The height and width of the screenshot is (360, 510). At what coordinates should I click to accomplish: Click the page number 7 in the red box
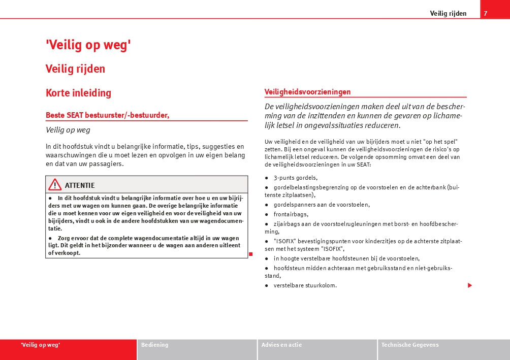coord(486,13)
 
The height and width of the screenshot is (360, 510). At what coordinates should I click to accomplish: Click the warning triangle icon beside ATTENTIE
coord(55,185)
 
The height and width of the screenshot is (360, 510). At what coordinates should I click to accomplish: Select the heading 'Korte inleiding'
coord(78,93)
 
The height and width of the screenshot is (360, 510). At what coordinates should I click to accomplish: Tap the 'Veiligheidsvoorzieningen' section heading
coord(307,92)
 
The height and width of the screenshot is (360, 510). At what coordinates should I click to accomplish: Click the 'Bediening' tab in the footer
coord(154,345)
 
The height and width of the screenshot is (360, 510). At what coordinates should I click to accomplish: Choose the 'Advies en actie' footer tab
coord(281,345)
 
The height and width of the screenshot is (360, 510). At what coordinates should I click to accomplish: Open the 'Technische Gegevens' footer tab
coord(410,345)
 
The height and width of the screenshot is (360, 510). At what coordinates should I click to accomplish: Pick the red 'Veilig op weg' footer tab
coord(41,345)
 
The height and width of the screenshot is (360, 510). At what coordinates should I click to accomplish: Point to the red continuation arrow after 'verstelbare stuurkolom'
coord(470,285)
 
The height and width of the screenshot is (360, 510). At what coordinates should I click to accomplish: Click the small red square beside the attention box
coord(250,253)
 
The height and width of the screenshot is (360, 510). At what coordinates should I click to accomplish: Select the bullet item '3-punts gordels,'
coord(296,178)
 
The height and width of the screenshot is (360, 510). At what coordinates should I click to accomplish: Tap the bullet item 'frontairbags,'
coord(291,214)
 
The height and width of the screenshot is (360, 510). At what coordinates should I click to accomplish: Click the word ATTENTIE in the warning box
coord(80,185)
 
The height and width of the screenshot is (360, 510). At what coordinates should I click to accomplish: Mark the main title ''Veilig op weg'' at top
coord(88,45)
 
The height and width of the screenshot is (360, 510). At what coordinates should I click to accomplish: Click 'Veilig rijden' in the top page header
coord(448,13)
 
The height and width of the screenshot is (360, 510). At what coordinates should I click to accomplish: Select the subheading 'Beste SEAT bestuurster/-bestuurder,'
coord(107,115)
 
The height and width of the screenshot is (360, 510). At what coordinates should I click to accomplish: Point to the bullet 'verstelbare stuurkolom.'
coord(305,285)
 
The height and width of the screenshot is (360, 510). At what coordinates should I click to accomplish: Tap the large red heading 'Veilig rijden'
coord(75,69)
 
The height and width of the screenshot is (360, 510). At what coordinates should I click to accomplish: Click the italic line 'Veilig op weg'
coord(68,130)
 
